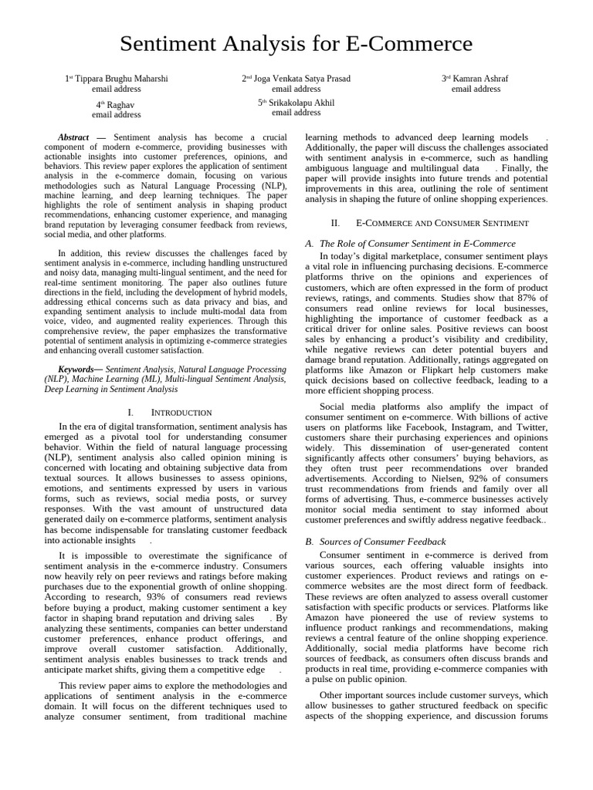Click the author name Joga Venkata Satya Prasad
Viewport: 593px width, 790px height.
pyautogui.click(x=301, y=79)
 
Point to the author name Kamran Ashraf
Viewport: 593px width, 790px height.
pyautogui.click(x=479, y=79)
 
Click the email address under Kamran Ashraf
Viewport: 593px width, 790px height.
pyautogui.click(x=476, y=89)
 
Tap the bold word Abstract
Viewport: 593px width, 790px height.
pyautogui.click(x=73, y=137)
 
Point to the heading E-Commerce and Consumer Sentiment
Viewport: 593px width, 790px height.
pyautogui.click(x=441, y=223)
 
